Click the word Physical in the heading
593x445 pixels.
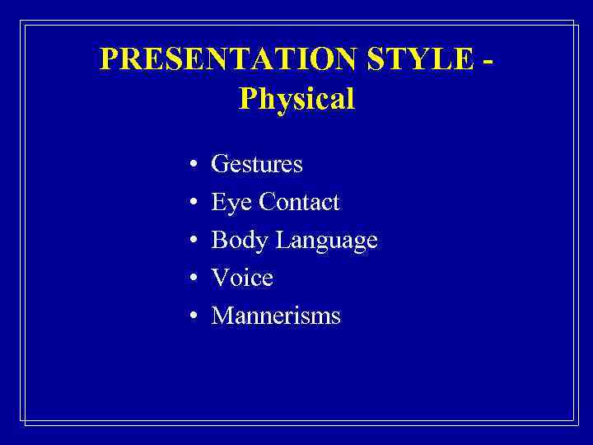[296, 100]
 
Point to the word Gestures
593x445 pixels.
[257, 165]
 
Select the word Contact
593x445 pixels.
[299, 203]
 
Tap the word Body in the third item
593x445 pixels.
[240, 241]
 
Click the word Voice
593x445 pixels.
[242, 279]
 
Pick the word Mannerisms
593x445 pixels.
[276, 316]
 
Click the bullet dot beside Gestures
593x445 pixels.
[191, 166]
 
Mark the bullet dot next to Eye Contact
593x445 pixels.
[191, 204]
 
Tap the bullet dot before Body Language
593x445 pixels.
[191, 241]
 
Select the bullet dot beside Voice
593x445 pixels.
[191, 279]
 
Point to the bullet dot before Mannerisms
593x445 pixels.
[191, 317]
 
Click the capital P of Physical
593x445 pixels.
[247, 100]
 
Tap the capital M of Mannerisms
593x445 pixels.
[222, 316]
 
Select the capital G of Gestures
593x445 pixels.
[220, 165]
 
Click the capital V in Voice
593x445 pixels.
[220, 279]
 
